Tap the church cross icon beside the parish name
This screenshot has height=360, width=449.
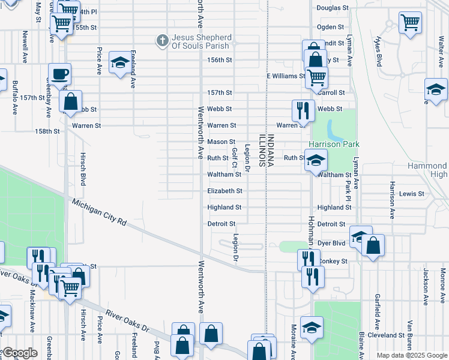click(x=161, y=41)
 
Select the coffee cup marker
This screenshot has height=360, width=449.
click(x=59, y=74)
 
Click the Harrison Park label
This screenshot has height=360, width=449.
click(x=334, y=145)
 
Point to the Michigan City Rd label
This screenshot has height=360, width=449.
click(x=99, y=212)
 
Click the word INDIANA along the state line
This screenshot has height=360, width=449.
click(x=271, y=150)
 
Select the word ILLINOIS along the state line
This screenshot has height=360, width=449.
click(x=262, y=150)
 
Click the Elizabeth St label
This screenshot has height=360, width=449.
click(x=224, y=191)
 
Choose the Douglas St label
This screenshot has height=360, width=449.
click(x=333, y=8)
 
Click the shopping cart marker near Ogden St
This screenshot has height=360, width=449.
click(x=410, y=23)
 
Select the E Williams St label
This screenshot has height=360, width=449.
click(x=286, y=76)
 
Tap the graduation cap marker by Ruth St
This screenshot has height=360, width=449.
click(x=316, y=160)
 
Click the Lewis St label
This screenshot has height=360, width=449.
click(x=412, y=194)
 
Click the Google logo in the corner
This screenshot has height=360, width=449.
click(x=20, y=353)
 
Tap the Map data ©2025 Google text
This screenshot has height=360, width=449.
click(x=412, y=355)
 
